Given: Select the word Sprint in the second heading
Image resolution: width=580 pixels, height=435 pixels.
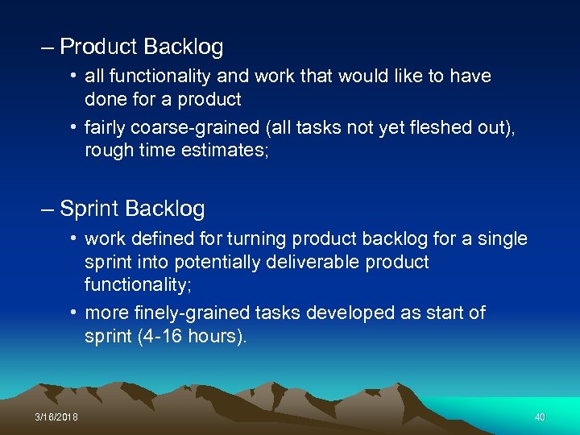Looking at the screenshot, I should [90, 209].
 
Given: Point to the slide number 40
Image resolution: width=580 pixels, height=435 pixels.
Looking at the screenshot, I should [540, 417].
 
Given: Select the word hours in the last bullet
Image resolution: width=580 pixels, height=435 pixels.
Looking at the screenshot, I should [217, 335].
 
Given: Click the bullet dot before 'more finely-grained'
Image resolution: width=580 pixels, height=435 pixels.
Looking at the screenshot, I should [73, 313].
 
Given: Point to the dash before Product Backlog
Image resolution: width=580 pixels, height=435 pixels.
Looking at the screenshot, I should [48, 48].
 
